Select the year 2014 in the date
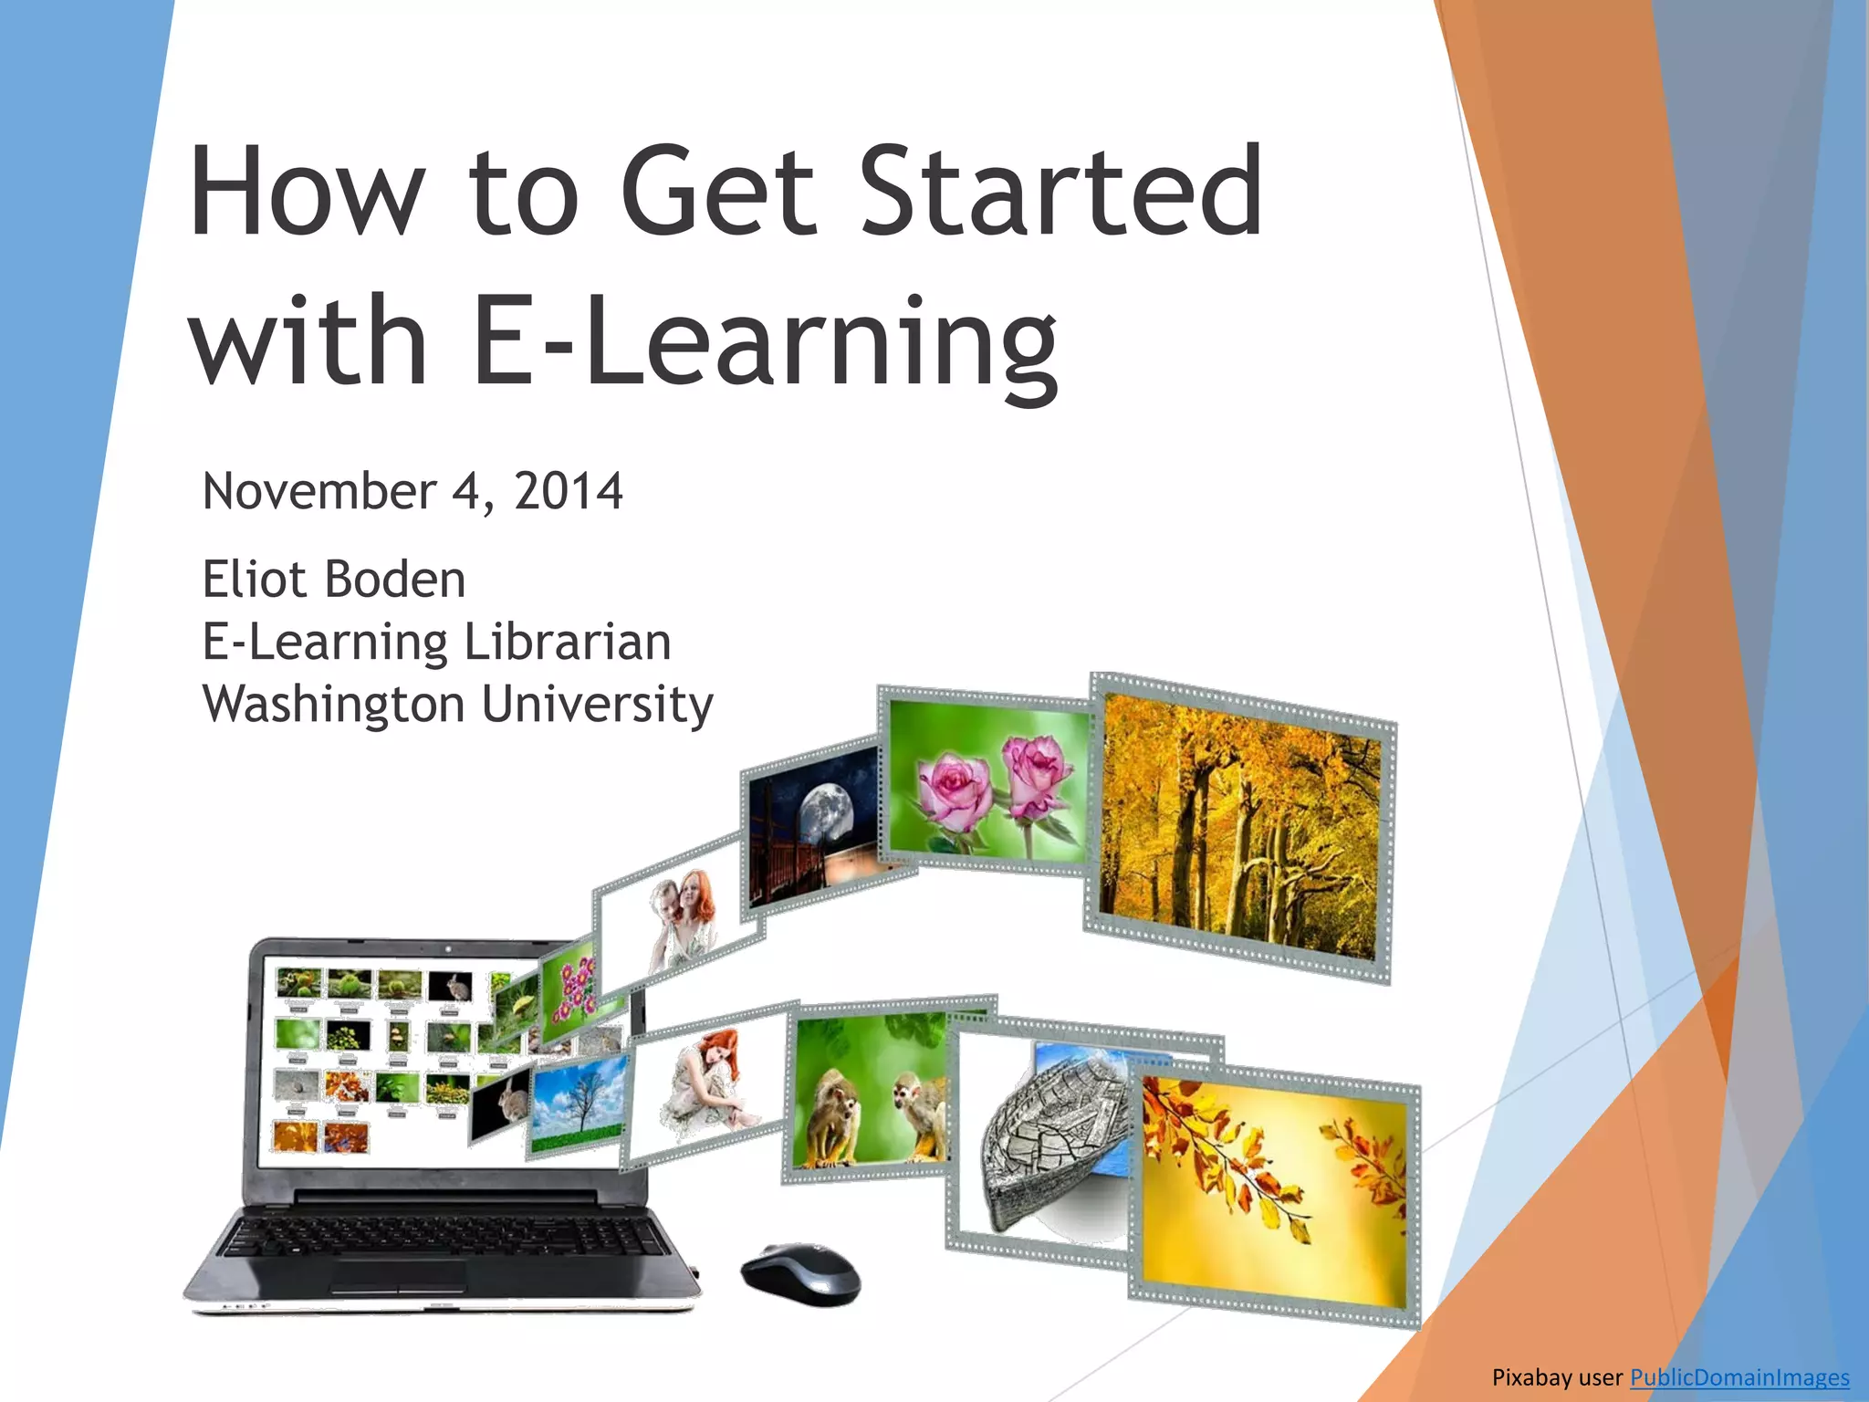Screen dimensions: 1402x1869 [x=568, y=491]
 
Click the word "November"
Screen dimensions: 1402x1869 [x=319, y=491]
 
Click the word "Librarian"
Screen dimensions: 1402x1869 [x=568, y=642]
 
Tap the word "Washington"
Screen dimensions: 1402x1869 [x=334, y=705]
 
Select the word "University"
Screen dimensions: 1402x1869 [x=597, y=705]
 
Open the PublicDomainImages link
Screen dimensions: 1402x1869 [x=1739, y=1377]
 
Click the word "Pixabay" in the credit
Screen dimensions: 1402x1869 [x=1530, y=1377]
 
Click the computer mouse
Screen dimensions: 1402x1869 [x=800, y=1272]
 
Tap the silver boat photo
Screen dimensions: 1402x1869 [x=1049, y=1141]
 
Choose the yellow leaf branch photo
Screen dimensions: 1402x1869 [x=1274, y=1191]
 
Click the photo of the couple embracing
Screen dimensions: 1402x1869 [x=680, y=917]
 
